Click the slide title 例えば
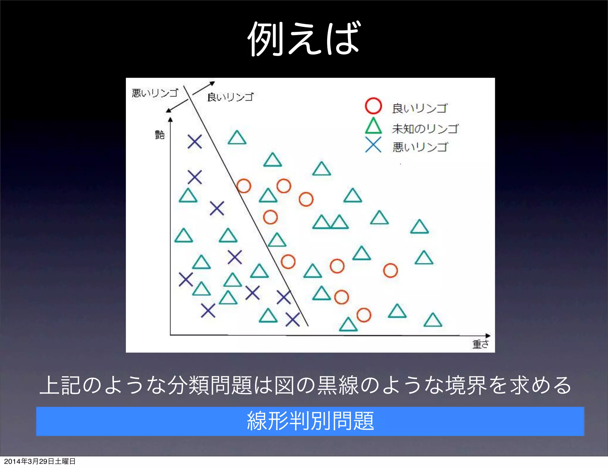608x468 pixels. pyautogui.click(x=304, y=39)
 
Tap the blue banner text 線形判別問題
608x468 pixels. pyautogui.click(x=310, y=421)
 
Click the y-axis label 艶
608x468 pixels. pyautogui.click(x=160, y=135)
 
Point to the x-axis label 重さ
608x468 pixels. pyautogui.click(x=480, y=344)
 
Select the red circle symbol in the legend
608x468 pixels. pyautogui.click(x=373, y=106)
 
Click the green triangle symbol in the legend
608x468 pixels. pyautogui.click(x=373, y=126)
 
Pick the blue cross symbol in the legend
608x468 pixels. pyautogui.click(x=373, y=145)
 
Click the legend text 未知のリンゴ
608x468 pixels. pyautogui.click(x=425, y=129)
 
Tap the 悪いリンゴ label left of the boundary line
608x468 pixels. pyautogui.click(x=155, y=93)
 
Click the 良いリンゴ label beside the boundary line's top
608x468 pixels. pyautogui.click(x=230, y=97)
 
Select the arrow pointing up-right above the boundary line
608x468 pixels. pyautogui.click(x=204, y=88)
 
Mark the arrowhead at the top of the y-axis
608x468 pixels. pyautogui.click(x=170, y=119)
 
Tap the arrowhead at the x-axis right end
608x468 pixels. pyautogui.click(x=487, y=336)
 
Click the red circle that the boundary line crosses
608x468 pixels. pyautogui.click(x=244, y=186)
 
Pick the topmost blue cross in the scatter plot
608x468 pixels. pyautogui.click(x=195, y=141)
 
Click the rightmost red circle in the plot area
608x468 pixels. pyautogui.click(x=390, y=271)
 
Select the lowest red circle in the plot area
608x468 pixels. pyautogui.click(x=364, y=315)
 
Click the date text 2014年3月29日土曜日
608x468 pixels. pyautogui.click(x=40, y=461)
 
